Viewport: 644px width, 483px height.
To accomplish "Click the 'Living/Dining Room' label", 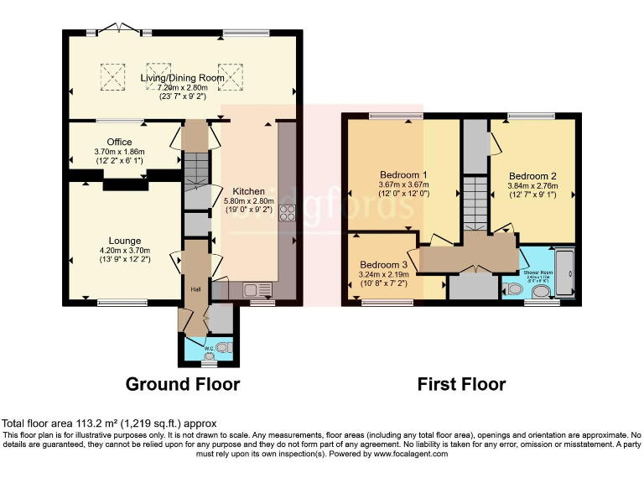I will coord(182,77).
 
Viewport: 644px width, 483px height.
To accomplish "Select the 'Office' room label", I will coord(119,142).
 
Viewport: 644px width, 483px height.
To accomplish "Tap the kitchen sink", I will coord(255,290).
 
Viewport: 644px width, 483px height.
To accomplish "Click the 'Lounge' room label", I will coord(124,241).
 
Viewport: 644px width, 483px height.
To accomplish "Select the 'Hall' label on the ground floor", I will coord(195,289).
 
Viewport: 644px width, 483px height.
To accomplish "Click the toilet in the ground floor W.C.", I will coord(222,346).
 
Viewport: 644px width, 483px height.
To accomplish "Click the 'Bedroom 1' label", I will coord(402,174).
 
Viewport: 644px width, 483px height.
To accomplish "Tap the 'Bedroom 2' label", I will coord(534,176).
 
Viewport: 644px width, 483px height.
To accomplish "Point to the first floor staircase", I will coord(475,201).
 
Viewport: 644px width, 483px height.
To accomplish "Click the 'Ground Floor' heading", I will coord(182,385).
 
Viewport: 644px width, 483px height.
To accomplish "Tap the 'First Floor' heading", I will coord(461,385).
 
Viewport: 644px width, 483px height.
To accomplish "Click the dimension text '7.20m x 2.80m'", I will coord(182,87).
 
